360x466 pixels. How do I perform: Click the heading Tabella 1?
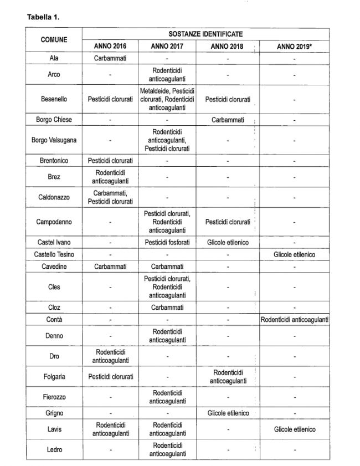pyautogui.click(x=43, y=17)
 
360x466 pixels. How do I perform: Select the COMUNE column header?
pyautogui.click(x=54, y=40)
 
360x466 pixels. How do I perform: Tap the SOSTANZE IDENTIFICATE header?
pyautogui.click(x=197, y=34)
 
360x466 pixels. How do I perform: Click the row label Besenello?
pyautogui.click(x=54, y=99)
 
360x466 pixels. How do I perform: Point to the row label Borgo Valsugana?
pyautogui.click(x=54, y=140)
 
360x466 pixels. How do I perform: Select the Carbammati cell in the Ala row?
pyautogui.click(x=110, y=58)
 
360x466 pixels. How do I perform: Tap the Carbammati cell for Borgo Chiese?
pyautogui.click(x=228, y=120)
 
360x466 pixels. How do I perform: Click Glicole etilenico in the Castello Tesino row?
pyautogui.click(x=294, y=254)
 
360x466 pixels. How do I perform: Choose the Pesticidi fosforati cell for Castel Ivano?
pyautogui.click(x=167, y=242)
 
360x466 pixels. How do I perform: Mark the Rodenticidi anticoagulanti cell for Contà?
pyautogui.click(x=294, y=320)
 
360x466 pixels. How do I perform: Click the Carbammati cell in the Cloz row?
pyautogui.click(x=167, y=308)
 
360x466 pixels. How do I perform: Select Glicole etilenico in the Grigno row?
pyautogui.click(x=228, y=413)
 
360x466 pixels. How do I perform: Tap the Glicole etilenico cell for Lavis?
pyautogui.click(x=294, y=429)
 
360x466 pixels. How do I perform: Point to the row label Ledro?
pyautogui.click(x=54, y=450)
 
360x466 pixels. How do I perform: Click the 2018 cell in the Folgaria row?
pyautogui.click(x=228, y=377)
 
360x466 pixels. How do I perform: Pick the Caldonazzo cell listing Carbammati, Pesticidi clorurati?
pyautogui.click(x=110, y=197)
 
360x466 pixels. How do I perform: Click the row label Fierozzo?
pyautogui.click(x=54, y=397)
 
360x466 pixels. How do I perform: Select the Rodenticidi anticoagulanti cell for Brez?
pyautogui.click(x=110, y=177)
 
